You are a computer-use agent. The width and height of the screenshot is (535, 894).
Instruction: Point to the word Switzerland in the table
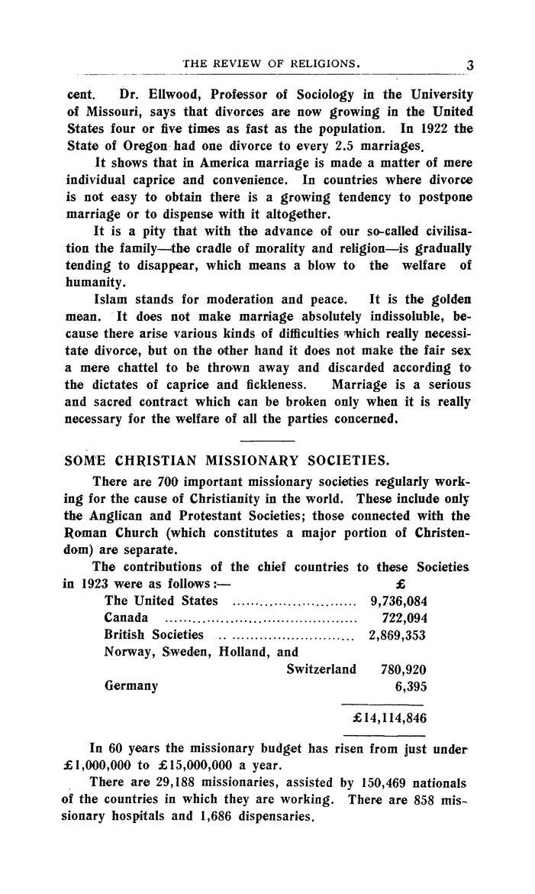[321, 669]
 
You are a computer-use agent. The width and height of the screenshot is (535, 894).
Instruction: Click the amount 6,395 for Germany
[407, 686]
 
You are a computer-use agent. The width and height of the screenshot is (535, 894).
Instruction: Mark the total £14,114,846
[388, 718]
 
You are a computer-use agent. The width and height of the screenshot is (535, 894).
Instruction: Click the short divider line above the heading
[266, 442]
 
